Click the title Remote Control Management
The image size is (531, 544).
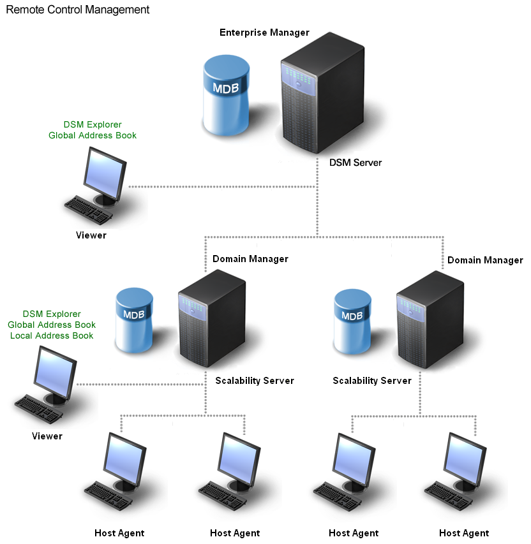78,10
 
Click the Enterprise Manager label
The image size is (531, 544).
264,33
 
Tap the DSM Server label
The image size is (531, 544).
355,163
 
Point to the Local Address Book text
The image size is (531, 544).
52,335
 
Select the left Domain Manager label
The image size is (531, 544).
250,259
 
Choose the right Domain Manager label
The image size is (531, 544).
485,260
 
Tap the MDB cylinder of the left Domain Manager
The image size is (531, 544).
134,320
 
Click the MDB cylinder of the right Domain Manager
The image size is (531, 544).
353,321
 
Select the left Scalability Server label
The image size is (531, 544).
255,381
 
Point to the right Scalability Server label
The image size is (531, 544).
372,381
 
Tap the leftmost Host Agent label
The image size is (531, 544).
119,533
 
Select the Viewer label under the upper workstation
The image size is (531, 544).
91,235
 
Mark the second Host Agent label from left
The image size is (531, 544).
235,533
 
